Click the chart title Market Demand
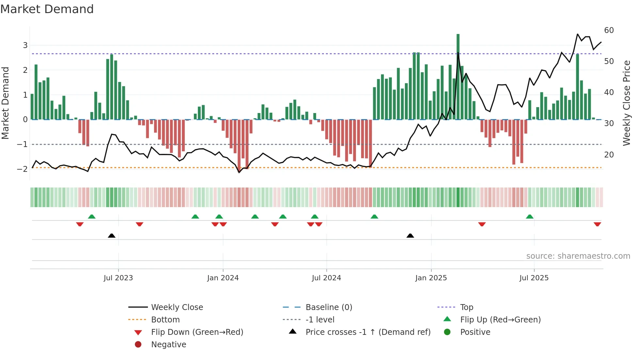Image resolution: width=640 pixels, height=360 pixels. (x=47, y=9)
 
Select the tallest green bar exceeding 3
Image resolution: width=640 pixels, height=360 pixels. (x=458, y=77)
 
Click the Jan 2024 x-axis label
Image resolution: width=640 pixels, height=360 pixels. (x=223, y=278)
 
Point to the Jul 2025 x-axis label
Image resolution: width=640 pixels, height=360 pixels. (x=534, y=278)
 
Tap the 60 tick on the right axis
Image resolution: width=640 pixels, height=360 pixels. (x=609, y=30)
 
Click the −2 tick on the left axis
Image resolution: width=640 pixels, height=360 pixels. (x=22, y=169)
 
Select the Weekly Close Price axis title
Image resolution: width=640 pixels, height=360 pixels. (x=626, y=103)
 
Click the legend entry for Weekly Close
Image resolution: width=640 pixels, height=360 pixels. (x=177, y=307)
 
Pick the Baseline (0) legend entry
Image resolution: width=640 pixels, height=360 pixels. (x=328, y=307)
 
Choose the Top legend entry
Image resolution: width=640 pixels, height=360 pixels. (x=466, y=307)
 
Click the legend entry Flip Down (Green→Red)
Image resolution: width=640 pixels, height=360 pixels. (x=197, y=332)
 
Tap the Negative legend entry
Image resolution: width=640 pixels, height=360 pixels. (x=168, y=345)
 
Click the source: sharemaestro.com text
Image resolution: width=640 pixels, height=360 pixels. (x=578, y=256)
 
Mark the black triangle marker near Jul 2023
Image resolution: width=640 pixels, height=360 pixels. (x=112, y=236)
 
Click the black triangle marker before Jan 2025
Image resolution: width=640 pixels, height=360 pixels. (x=410, y=236)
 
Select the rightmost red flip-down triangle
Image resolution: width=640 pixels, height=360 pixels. (x=597, y=224)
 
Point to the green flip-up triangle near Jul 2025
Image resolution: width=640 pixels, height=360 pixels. (x=530, y=217)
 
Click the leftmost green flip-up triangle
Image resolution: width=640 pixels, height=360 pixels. (x=92, y=217)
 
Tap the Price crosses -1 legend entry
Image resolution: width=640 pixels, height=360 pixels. (x=368, y=332)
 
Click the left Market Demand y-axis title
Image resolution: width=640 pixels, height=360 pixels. (x=6, y=103)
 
